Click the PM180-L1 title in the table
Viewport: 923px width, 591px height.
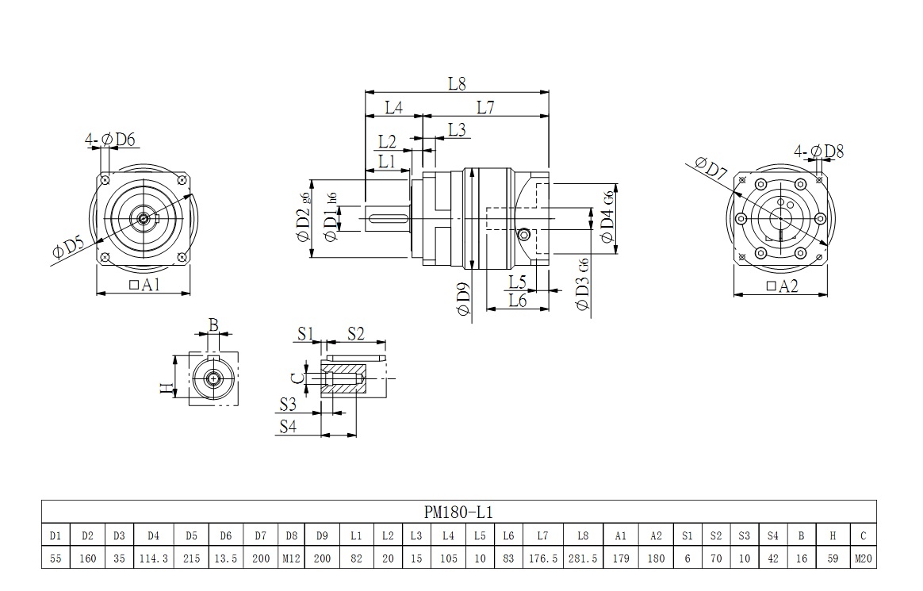click(x=459, y=512)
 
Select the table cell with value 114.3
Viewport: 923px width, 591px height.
click(x=153, y=558)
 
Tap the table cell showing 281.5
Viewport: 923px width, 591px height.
click(x=583, y=558)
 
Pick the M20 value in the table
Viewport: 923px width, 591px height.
click(x=864, y=558)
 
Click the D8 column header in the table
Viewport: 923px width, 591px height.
click(x=292, y=535)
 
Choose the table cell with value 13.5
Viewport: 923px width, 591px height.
click(x=226, y=558)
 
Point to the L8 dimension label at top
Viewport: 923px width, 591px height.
click(x=457, y=83)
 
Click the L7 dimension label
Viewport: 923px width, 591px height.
click(x=485, y=108)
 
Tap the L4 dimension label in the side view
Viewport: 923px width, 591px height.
click(x=393, y=108)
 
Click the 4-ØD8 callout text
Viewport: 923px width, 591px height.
click(x=818, y=151)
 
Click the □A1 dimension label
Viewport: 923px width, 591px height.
click(x=144, y=285)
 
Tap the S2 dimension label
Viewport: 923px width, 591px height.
click(x=354, y=332)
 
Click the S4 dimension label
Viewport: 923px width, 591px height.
click(x=288, y=426)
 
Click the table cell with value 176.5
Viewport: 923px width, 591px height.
click(x=543, y=558)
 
